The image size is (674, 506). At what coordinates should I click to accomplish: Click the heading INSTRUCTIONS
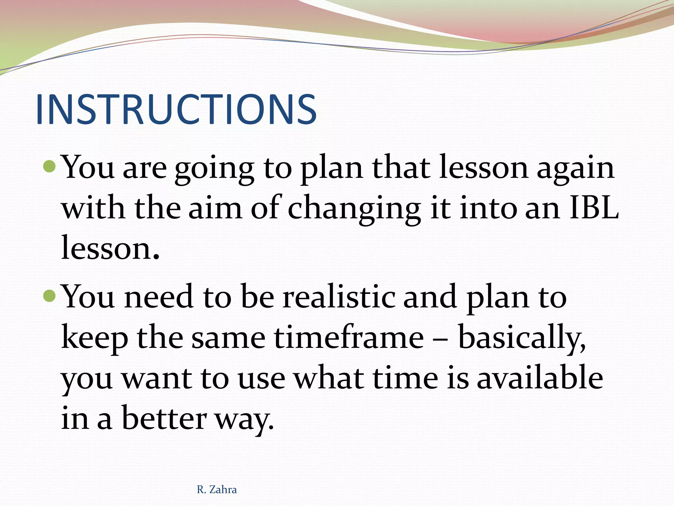coord(176,109)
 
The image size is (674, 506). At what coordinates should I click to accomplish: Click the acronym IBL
coord(594,208)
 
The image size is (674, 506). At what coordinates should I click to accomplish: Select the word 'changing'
coord(354,210)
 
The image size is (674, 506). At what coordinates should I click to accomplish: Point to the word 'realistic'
coord(339,296)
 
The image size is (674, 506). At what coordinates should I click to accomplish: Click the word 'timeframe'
coord(349,337)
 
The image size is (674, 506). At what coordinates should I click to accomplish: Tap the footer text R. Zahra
coord(217,490)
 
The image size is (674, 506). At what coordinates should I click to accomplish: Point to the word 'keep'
coord(94,339)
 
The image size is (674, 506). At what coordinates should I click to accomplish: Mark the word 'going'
coord(214,169)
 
